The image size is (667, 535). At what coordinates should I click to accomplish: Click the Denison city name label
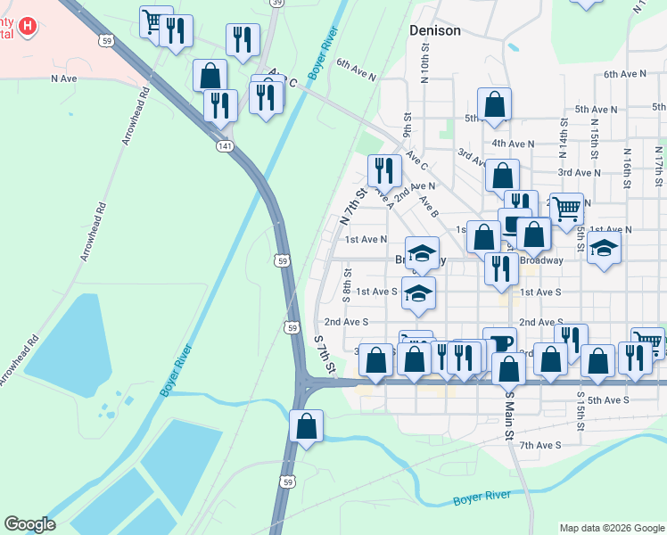click(435, 30)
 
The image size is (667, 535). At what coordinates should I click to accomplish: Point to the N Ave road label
click(65, 78)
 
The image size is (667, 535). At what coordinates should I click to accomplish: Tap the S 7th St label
click(325, 354)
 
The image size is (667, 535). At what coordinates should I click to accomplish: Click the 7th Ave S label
click(540, 445)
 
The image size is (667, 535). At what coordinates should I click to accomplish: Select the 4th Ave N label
click(512, 143)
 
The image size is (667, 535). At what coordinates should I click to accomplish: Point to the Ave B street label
click(428, 207)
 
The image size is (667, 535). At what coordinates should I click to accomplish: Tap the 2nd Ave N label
click(415, 186)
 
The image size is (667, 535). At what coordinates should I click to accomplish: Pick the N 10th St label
click(424, 67)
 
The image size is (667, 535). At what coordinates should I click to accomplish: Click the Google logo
click(29, 524)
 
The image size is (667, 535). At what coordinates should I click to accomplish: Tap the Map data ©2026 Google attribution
click(612, 528)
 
